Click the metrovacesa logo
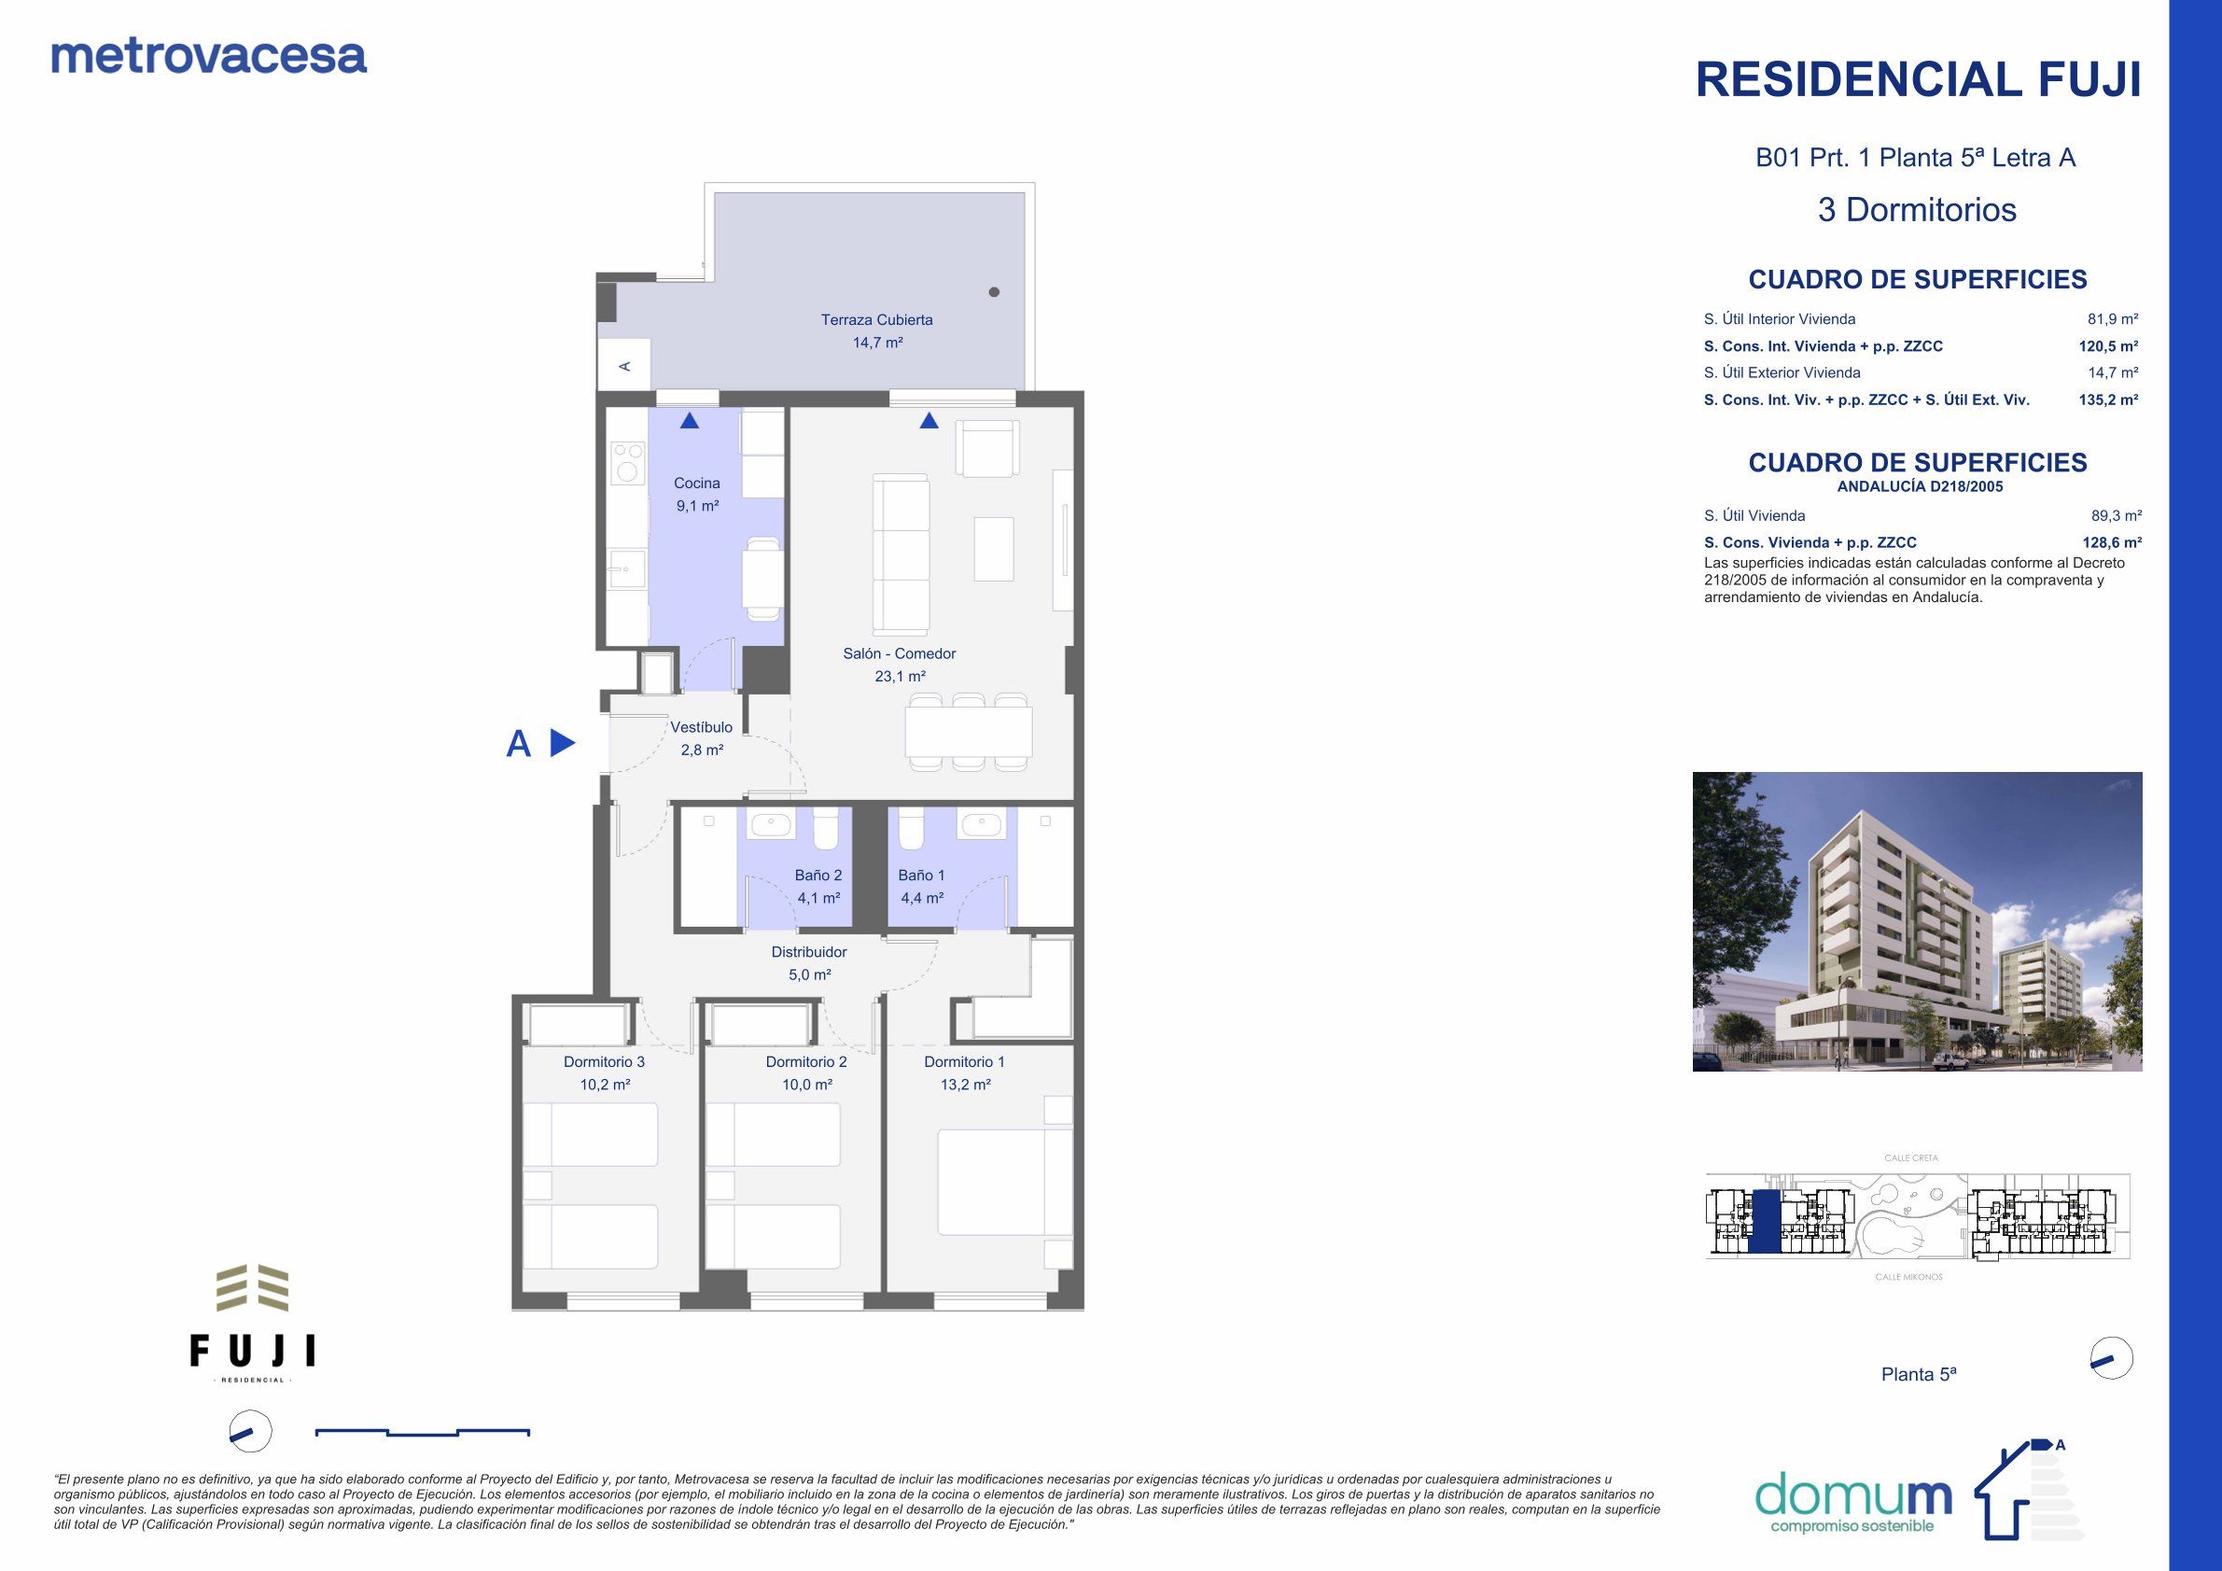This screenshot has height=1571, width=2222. tap(208, 56)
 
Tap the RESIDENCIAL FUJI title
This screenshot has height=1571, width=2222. tap(1918, 79)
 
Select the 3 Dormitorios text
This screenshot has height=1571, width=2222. tap(1916, 210)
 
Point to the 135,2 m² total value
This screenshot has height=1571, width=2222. tap(2108, 400)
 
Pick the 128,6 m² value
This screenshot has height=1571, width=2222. tap(2111, 543)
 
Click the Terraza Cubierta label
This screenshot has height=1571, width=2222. tap(876, 320)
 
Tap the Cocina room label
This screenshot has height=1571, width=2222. tap(697, 483)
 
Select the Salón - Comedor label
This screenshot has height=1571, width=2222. tap(899, 653)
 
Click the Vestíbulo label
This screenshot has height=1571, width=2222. tap(702, 727)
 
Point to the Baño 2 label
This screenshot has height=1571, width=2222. tap(818, 875)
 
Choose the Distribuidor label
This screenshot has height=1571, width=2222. tap(808, 952)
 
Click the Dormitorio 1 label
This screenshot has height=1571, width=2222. tap(964, 1062)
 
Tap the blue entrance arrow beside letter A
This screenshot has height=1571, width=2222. tap(563, 743)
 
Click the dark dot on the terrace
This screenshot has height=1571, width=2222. tap(994, 292)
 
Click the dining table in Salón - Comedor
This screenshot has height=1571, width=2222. tap(968, 733)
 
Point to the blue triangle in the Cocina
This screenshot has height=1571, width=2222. tap(689, 420)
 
